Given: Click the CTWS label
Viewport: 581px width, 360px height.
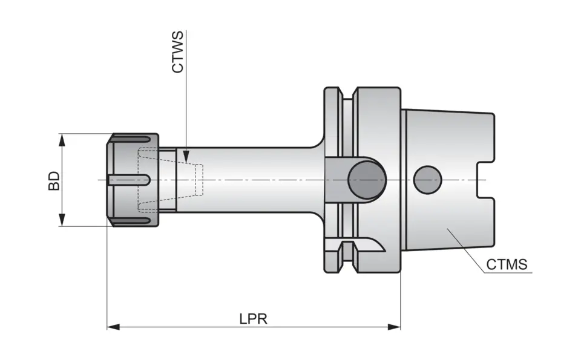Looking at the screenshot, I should [177, 53].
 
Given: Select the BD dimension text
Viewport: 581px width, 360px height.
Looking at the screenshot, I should [54, 180].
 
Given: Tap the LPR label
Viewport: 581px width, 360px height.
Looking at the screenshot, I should [253, 318].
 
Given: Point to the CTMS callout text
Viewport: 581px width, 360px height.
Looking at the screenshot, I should [507, 264].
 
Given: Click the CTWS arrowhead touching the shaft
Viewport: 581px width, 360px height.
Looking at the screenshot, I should [186, 159].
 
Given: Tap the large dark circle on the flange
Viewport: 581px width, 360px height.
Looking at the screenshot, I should [367, 180].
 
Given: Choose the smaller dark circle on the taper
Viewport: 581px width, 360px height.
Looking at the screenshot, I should [428, 180].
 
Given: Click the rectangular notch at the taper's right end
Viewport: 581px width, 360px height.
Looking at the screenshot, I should [486, 180].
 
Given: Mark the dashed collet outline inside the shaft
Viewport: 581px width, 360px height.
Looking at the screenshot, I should [172, 180].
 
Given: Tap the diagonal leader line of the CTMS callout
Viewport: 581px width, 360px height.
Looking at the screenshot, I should [466, 250].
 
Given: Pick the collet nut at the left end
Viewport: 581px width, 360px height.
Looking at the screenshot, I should [133, 180].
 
